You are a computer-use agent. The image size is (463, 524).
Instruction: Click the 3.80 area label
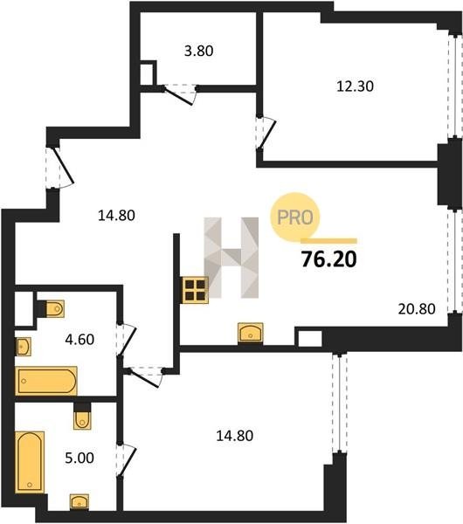(199, 52)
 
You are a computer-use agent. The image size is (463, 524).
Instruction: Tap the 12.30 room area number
(355, 86)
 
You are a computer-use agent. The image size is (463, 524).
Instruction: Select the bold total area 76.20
(329, 259)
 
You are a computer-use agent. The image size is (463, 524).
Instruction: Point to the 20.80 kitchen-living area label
(417, 309)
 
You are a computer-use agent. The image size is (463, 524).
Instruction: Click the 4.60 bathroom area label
(79, 340)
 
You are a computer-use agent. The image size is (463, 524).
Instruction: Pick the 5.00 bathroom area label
(79, 458)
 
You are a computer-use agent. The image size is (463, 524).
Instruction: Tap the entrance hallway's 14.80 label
(116, 216)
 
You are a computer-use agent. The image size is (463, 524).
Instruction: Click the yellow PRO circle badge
(295, 217)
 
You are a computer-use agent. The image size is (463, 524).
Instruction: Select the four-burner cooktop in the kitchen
(195, 290)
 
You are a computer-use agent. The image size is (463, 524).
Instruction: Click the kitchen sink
(251, 333)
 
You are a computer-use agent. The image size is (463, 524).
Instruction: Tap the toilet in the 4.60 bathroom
(55, 308)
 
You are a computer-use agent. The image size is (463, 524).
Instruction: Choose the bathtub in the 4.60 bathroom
(46, 381)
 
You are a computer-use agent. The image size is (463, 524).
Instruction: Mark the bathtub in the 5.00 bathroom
(30, 462)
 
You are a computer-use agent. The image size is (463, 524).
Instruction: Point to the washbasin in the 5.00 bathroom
(79, 502)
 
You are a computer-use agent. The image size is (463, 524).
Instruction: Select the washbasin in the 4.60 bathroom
(24, 347)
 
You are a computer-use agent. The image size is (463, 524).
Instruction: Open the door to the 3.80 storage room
(179, 94)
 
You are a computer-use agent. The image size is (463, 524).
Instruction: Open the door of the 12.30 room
(266, 133)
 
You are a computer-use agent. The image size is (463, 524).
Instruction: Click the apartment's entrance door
(59, 168)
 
